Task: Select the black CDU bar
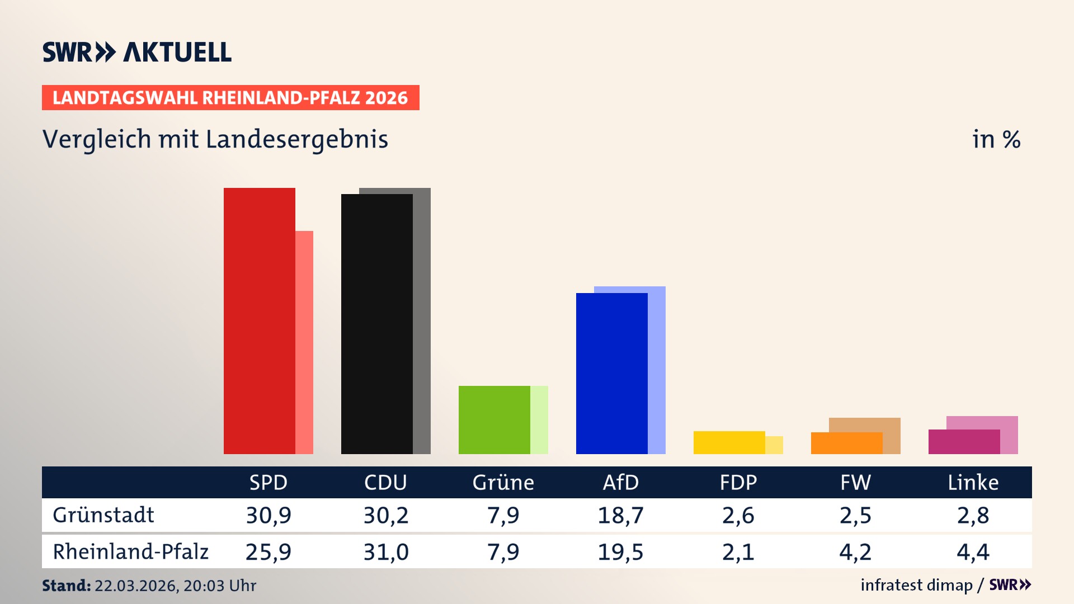click(376, 324)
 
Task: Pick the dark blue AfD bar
click(611, 373)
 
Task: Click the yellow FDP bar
click(729, 442)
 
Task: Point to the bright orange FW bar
click(846, 443)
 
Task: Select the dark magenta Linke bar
click(964, 442)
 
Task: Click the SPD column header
click(268, 482)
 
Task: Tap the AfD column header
click(620, 482)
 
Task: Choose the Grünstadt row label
click(103, 515)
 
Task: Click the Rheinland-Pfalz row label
click(130, 552)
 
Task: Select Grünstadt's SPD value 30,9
click(268, 515)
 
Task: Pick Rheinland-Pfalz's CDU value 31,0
click(386, 552)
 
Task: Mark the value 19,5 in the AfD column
click(620, 552)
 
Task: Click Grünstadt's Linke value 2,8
click(973, 515)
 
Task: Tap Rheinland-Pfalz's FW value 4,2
click(855, 552)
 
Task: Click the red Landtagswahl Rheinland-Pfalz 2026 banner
click(230, 97)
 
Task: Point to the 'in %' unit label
click(996, 139)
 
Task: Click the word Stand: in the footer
click(66, 586)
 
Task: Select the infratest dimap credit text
click(916, 585)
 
